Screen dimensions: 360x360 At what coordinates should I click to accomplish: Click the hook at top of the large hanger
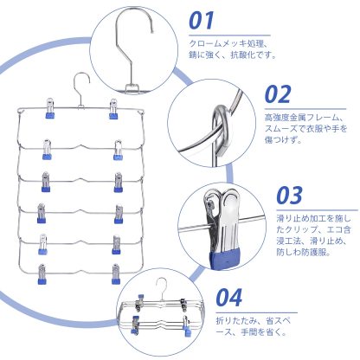80,87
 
